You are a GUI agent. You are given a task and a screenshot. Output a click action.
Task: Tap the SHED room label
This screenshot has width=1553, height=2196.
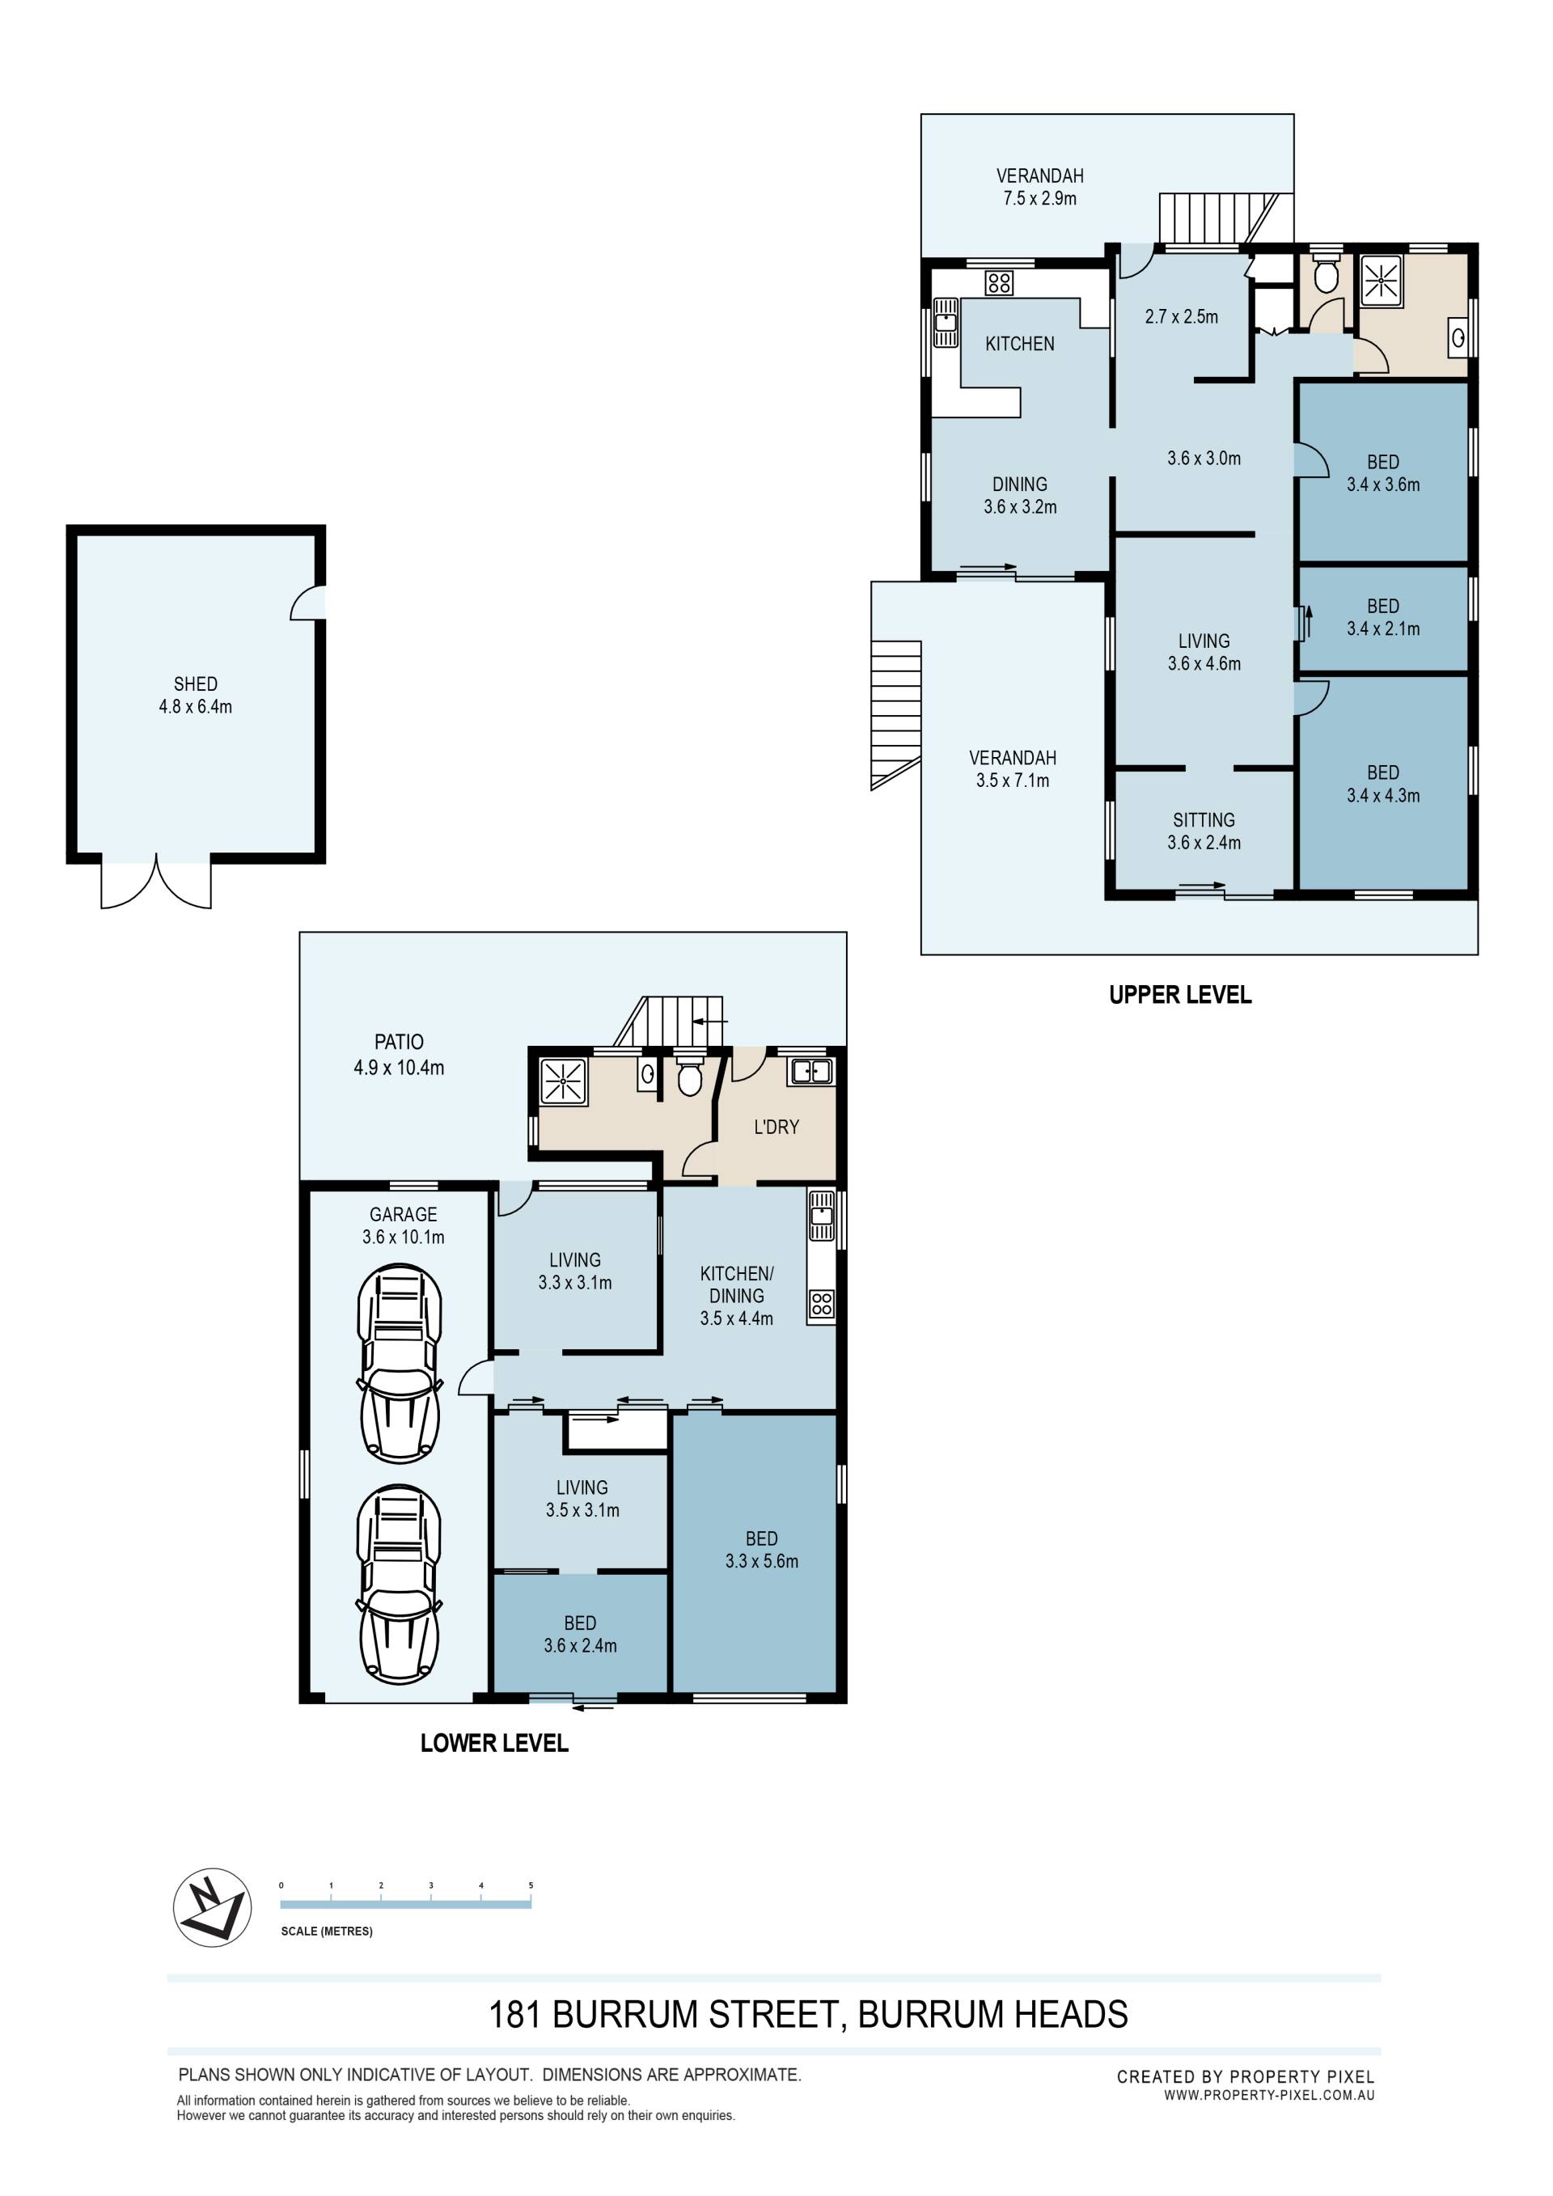click(x=195, y=683)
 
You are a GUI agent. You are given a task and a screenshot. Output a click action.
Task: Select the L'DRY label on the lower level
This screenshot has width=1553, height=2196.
click(x=776, y=1127)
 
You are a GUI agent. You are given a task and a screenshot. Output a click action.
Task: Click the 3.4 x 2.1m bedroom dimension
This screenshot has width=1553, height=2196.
click(x=1383, y=628)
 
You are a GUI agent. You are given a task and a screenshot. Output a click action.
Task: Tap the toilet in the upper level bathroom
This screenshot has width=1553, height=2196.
click(x=1326, y=273)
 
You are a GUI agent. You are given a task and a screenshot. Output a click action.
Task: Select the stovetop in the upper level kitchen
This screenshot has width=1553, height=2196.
click(x=999, y=283)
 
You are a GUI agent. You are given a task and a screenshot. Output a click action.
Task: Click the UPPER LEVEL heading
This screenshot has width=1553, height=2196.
click(x=1180, y=995)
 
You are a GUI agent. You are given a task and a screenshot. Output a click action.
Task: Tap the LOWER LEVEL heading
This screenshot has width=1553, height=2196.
click(x=494, y=1742)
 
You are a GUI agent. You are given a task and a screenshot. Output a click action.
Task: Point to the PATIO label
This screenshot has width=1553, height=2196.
click(x=399, y=1042)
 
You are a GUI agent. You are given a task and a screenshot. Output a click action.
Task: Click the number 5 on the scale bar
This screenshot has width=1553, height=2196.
click(x=531, y=1885)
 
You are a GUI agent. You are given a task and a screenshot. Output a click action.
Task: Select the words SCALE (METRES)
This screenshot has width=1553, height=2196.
click(x=326, y=1931)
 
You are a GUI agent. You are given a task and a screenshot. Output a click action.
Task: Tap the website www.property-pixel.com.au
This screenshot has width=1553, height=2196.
click(x=1269, y=2095)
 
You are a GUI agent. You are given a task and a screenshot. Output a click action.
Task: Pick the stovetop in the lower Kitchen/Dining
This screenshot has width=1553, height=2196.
click(x=822, y=1303)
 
